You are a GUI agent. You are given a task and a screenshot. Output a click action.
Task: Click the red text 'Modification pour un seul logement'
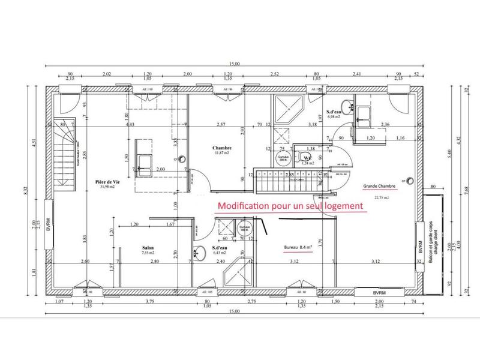pos(291,205)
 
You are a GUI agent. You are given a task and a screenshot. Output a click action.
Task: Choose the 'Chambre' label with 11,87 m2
pos(222,148)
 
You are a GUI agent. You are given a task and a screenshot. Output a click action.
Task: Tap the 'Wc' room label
pos(306,158)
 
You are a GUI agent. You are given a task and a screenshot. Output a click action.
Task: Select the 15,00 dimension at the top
pos(233,64)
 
